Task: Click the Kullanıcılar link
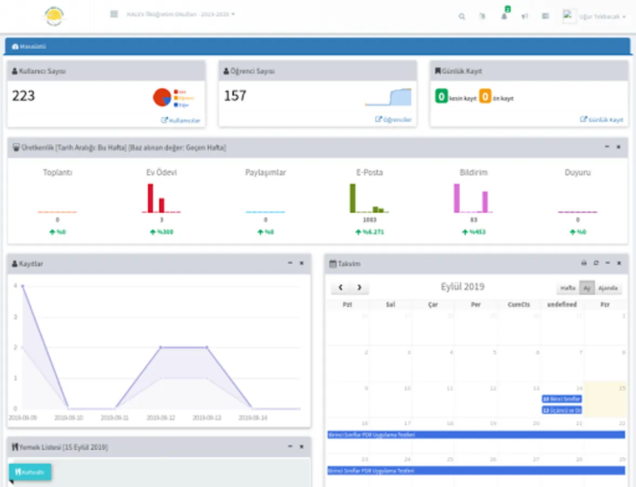(x=181, y=120)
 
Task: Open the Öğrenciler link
(x=394, y=120)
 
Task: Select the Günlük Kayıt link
(x=602, y=120)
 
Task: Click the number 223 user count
(x=23, y=96)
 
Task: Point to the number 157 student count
(x=235, y=96)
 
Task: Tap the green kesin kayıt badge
(x=441, y=97)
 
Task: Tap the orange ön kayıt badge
(x=485, y=97)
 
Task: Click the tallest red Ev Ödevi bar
(x=150, y=198)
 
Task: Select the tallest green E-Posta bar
(x=353, y=198)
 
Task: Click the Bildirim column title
(x=474, y=173)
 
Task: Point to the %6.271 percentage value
(x=370, y=232)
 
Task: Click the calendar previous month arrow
(x=341, y=288)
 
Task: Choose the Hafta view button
(x=568, y=288)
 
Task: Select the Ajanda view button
(x=608, y=288)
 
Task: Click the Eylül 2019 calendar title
(x=462, y=287)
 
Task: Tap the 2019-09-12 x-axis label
(x=160, y=418)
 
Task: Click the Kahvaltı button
(x=30, y=472)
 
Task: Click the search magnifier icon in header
(x=462, y=16)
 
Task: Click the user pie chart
(x=162, y=97)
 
